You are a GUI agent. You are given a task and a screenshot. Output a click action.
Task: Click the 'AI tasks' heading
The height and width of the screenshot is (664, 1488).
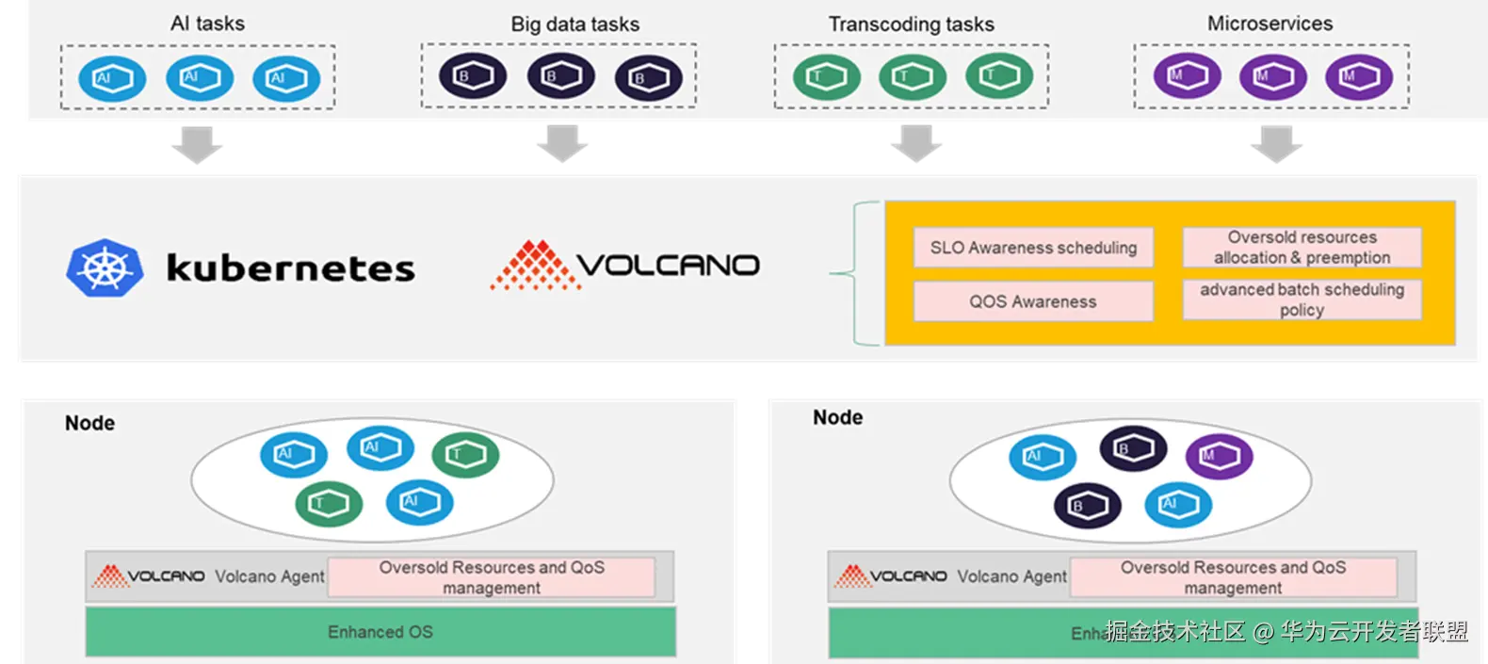(207, 24)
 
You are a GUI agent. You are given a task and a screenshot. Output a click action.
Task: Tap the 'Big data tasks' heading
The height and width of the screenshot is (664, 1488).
(574, 24)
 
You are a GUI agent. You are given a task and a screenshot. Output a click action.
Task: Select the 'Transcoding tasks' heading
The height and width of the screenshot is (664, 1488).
(911, 24)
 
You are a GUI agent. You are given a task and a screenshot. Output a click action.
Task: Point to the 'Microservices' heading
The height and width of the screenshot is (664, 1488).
(1270, 24)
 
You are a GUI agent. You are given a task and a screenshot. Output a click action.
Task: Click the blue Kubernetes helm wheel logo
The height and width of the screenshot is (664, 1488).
(105, 268)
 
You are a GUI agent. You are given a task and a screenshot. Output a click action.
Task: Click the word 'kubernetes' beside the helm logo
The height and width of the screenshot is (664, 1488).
(290, 268)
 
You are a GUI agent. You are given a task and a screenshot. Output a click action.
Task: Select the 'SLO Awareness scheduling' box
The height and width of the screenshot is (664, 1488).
(1033, 248)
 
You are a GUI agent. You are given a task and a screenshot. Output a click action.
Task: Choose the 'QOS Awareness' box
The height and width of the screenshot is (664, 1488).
(1033, 301)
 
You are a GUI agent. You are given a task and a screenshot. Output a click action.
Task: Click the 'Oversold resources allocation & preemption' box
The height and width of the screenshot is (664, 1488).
(1302, 248)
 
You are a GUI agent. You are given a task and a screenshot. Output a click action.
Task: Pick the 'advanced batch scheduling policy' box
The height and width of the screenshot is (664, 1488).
(1302, 300)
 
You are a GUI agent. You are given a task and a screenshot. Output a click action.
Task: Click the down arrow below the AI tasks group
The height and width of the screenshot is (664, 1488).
(196, 144)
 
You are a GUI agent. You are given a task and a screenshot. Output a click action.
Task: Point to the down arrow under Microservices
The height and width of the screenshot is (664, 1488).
(1276, 144)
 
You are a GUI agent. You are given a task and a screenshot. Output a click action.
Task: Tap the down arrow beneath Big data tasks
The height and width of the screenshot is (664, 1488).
(564, 144)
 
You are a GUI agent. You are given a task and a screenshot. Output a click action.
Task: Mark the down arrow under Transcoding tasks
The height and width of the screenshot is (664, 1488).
(918, 144)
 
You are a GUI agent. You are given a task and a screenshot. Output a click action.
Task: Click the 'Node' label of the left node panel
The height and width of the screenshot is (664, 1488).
(89, 423)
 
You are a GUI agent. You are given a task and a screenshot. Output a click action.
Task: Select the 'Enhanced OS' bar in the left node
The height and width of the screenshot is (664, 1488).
(380, 632)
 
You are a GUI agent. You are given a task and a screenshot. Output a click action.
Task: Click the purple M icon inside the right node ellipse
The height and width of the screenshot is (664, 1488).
(1219, 456)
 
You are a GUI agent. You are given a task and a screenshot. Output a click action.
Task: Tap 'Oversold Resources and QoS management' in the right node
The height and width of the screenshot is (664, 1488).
(1233, 577)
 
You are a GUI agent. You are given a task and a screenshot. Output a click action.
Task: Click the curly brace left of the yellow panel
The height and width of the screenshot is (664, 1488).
(855, 274)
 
